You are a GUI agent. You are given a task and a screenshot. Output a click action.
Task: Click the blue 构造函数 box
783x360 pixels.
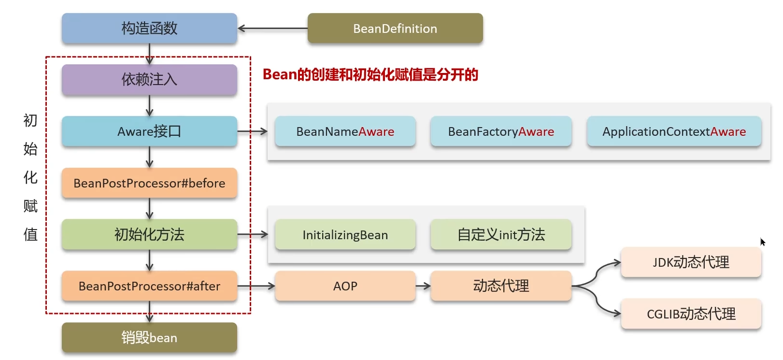tap(149, 29)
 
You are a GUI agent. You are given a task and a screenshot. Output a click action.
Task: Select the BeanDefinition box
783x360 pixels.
tap(395, 29)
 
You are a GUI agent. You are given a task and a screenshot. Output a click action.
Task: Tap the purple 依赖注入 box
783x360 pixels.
tap(149, 80)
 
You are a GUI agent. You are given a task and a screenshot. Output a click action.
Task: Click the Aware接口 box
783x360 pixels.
tap(149, 131)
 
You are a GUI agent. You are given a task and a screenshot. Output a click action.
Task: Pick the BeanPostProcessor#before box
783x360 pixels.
tap(149, 183)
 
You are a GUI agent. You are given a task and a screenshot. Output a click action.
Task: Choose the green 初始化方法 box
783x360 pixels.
tap(149, 235)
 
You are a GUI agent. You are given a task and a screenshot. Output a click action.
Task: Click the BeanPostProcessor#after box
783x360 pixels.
tap(149, 286)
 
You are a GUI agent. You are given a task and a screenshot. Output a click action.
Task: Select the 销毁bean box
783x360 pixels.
tap(149, 337)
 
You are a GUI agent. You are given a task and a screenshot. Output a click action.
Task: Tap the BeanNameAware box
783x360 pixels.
tap(345, 131)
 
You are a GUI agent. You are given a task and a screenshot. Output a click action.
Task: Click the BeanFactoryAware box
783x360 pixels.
tap(501, 131)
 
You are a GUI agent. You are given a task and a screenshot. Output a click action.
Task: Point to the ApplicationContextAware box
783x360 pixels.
tap(674, 131)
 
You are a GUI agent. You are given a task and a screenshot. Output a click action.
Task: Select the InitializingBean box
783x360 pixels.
tap(345, 235)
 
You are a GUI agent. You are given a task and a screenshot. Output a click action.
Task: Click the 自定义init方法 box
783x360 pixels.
tap(501, 235)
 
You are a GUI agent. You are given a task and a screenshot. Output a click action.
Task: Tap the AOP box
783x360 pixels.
tap(345, 286)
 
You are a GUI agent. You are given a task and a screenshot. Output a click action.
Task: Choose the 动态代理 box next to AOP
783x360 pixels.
tap(501, 286)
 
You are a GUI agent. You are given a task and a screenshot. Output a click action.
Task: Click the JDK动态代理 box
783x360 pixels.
tap(691, 262)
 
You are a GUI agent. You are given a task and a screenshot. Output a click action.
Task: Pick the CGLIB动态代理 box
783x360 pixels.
tap(691, 314)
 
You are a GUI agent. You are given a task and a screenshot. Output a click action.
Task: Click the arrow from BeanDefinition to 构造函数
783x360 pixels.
tap(272, 29)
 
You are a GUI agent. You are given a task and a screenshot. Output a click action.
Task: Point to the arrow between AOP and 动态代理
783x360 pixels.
tap(423, 286)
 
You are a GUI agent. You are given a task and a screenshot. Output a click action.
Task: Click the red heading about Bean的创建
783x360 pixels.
tap(370, 75)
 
